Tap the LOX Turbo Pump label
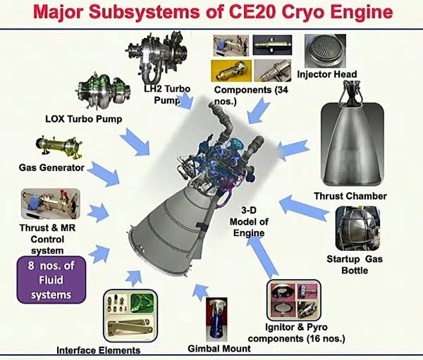(x=83, y=118)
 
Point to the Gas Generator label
(x=51, y=167)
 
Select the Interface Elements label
(x=98, y=349)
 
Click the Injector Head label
(x=327, y=75)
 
